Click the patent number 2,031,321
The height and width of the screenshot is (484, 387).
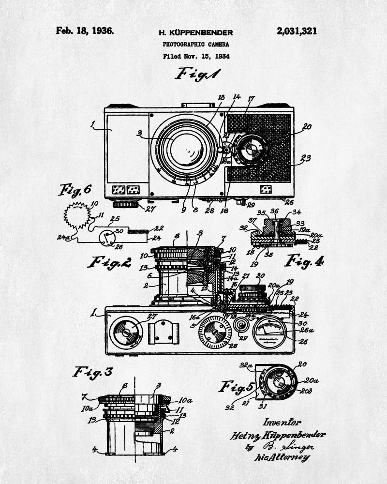(x=297, y=31)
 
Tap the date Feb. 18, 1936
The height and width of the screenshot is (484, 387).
(x=85, y=31)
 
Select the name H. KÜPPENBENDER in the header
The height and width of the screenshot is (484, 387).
(x=195, y=33)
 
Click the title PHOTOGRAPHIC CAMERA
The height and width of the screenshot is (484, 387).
(x=195, y=44)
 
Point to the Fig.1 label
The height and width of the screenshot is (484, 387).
(x=198, y=74)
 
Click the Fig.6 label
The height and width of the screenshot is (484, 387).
(x=74, y=190)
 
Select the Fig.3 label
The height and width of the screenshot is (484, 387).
(x=93, y=372)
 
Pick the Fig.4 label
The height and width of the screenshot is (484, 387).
(x=304, y=261)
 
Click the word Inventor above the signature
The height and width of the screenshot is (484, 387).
(x=283, y=422)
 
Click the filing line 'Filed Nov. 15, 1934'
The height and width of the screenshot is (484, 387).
(x=195, y=56)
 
